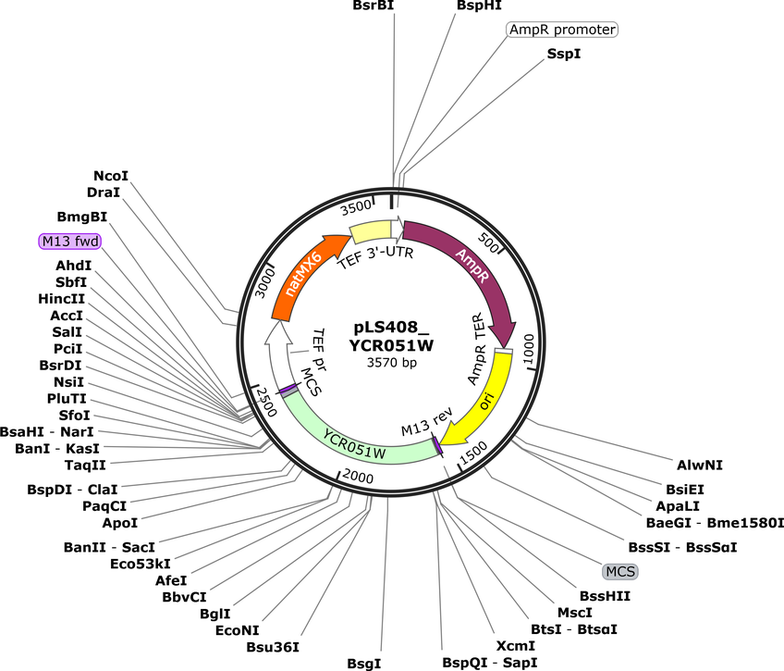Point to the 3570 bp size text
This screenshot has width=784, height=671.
coord(391,362)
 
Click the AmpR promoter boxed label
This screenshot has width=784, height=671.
coord(562,30)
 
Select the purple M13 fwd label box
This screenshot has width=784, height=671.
coord(70,242)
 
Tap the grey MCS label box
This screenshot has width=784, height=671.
coord(620,571)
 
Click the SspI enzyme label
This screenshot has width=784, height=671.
coord(564,54)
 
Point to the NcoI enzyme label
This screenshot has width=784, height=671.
coord(111,176)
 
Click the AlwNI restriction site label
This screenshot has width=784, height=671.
coord(700,465)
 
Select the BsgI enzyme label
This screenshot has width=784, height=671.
coord(364,664)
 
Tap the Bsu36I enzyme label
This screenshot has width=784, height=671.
coord(273,647)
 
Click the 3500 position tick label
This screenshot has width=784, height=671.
coord(356,207)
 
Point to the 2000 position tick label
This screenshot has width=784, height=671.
coord(358,477)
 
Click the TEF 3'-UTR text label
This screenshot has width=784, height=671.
coord(376,257)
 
